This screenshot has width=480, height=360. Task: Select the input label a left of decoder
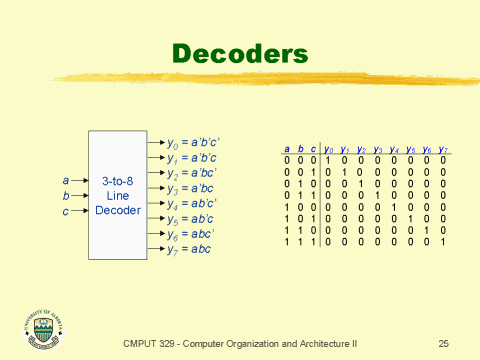(66, 181)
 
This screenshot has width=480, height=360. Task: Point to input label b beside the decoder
(66, 197)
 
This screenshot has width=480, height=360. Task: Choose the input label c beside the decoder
(66, 212)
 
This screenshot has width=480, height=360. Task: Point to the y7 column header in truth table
(442, 150)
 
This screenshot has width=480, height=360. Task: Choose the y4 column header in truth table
(394, 150)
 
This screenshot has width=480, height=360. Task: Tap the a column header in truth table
(287, 150)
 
